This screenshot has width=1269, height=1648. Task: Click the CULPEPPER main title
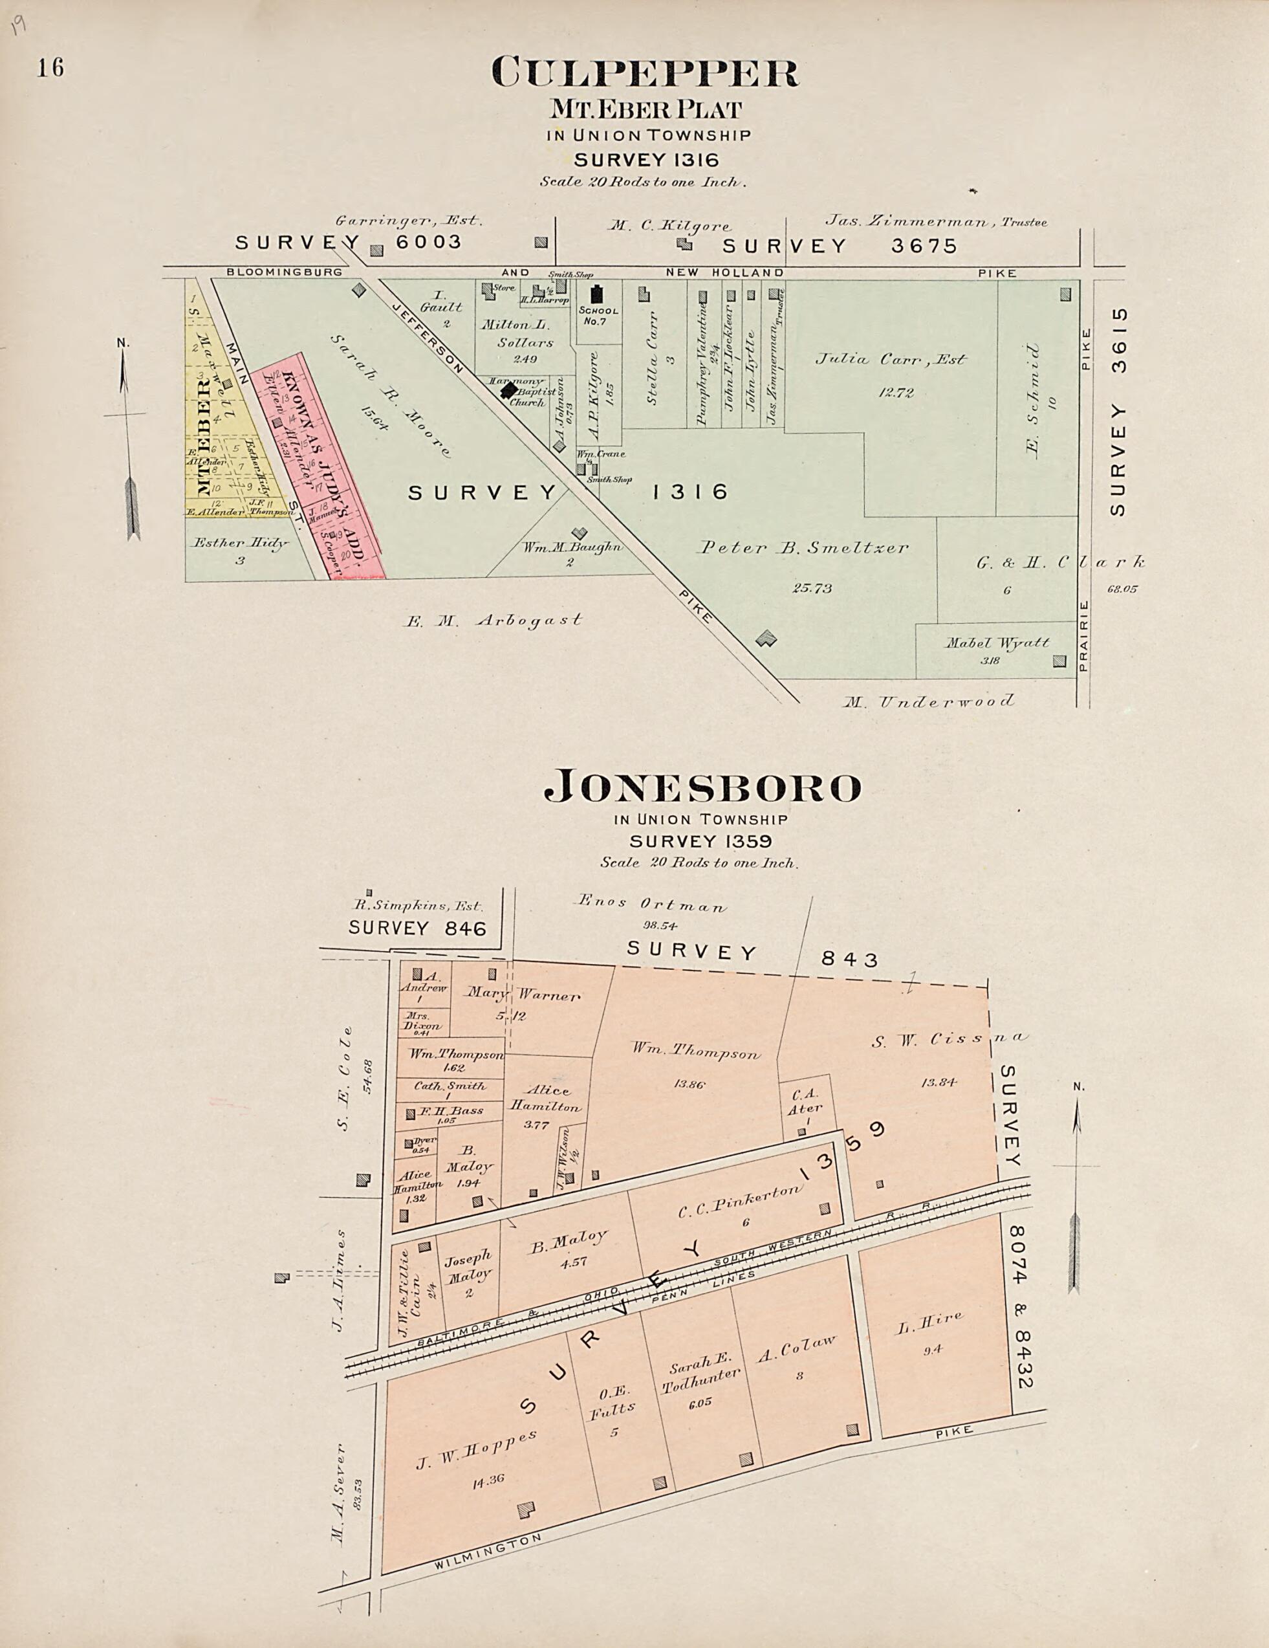point(644,72)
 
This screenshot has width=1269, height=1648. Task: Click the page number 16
point(50,68)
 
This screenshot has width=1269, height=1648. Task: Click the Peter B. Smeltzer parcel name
point(803,548)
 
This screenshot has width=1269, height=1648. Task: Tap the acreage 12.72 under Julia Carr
point(894,392)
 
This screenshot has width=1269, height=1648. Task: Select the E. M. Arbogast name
point(493,621)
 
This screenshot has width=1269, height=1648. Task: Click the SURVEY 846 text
point(417,928)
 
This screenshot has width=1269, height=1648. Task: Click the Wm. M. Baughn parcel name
point(572,547)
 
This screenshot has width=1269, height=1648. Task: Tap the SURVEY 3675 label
point(839,246)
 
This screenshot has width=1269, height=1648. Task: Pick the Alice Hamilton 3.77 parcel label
point(547,1099)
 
